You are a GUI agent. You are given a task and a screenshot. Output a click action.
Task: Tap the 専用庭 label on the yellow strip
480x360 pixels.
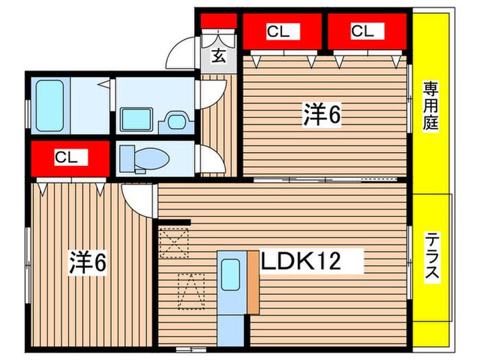point(431,107)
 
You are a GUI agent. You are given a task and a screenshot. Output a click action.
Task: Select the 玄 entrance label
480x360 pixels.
point(218,57)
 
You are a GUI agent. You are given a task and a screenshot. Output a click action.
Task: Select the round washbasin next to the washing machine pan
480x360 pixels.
point(176,122)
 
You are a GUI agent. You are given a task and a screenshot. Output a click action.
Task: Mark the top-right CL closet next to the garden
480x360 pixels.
point(363,32)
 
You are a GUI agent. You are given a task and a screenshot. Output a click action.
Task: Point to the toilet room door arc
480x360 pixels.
point(213,162)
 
